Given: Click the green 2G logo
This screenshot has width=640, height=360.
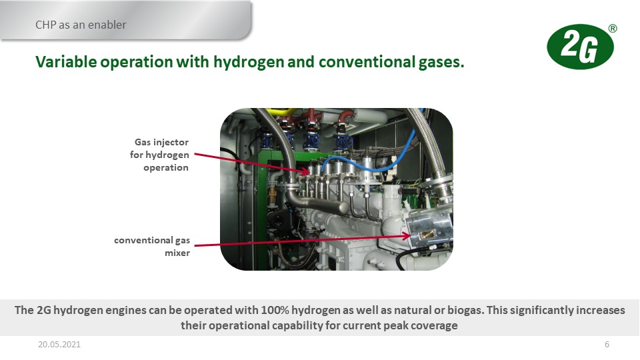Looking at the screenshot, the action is pyautogui.click(x=580, y=47).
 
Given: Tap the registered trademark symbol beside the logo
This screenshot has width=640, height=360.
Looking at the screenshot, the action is pyautogui.click(x=612, y=29).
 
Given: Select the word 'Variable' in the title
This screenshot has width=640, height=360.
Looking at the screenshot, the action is pyautogui.click(x=67, y=62).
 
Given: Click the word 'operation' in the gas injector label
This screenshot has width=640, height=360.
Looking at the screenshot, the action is pyautogui.click(x=166, y=168).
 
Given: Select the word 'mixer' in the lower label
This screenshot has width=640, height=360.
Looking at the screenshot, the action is pyautogui.click(x=177, y=253).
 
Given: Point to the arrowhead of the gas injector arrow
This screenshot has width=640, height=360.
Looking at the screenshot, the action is pyautogui.click(x=306, y=172).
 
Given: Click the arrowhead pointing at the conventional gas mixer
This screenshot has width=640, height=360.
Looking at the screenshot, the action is pyautogui.click(x=406, y=236).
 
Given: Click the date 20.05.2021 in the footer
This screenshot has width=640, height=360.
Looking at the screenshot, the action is pyautogui.click(x=59, y=345).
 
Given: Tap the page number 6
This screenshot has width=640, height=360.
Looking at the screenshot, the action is pyautogui.click(x=607, y=345).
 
